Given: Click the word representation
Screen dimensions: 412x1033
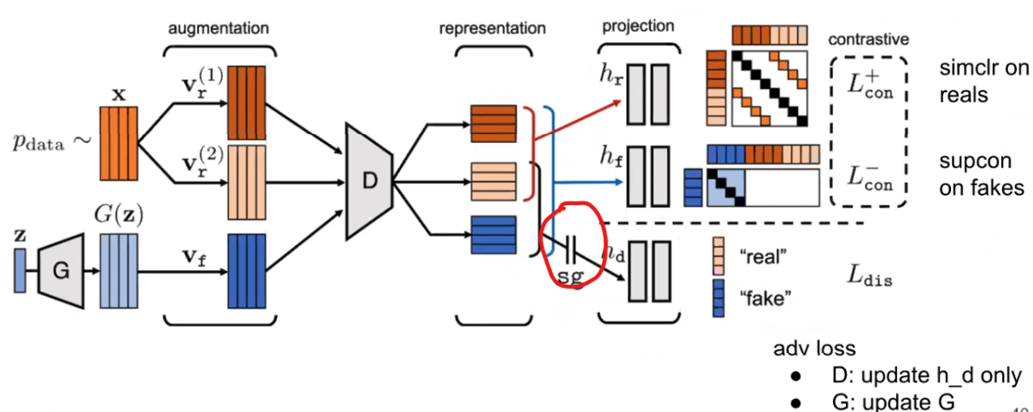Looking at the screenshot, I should coord(492,27).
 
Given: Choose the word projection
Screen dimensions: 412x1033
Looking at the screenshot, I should coord(637,25).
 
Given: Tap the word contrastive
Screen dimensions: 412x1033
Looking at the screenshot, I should coord(868,38).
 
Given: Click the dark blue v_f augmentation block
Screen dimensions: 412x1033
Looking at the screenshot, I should coord(247,271).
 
